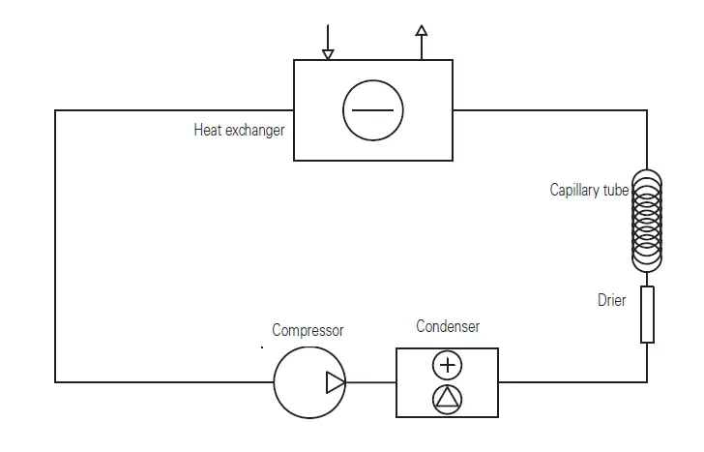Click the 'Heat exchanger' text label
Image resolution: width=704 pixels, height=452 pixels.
tap(239, 130)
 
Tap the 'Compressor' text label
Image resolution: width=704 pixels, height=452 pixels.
tap(308, 330)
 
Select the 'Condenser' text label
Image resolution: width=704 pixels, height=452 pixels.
tap(448, 326)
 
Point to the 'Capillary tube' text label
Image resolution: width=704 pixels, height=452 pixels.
tap(589, 190)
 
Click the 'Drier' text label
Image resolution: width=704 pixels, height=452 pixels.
tap(611, 300)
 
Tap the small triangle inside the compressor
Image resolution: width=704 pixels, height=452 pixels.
tap(335, 382)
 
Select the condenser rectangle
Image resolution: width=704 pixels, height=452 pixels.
tap(447, 382)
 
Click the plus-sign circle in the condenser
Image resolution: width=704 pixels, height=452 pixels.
tap(448, 365)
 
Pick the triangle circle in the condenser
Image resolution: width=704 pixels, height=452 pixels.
tap(448, 399)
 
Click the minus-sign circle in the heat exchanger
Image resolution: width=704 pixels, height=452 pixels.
tap(372, 109)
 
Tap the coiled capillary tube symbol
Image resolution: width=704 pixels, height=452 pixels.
tap(647, 221)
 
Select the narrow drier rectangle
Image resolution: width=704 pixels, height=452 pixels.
tap(647, 314)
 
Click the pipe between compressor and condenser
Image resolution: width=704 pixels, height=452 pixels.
tap(370, 382)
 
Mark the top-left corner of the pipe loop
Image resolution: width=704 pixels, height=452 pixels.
tap(55, 110)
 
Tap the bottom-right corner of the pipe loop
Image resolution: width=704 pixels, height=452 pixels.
tap(647, 382)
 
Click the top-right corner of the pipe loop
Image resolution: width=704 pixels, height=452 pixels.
tap(647, 110)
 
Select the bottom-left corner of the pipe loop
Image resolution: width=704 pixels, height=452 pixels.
tap(55, 382)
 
